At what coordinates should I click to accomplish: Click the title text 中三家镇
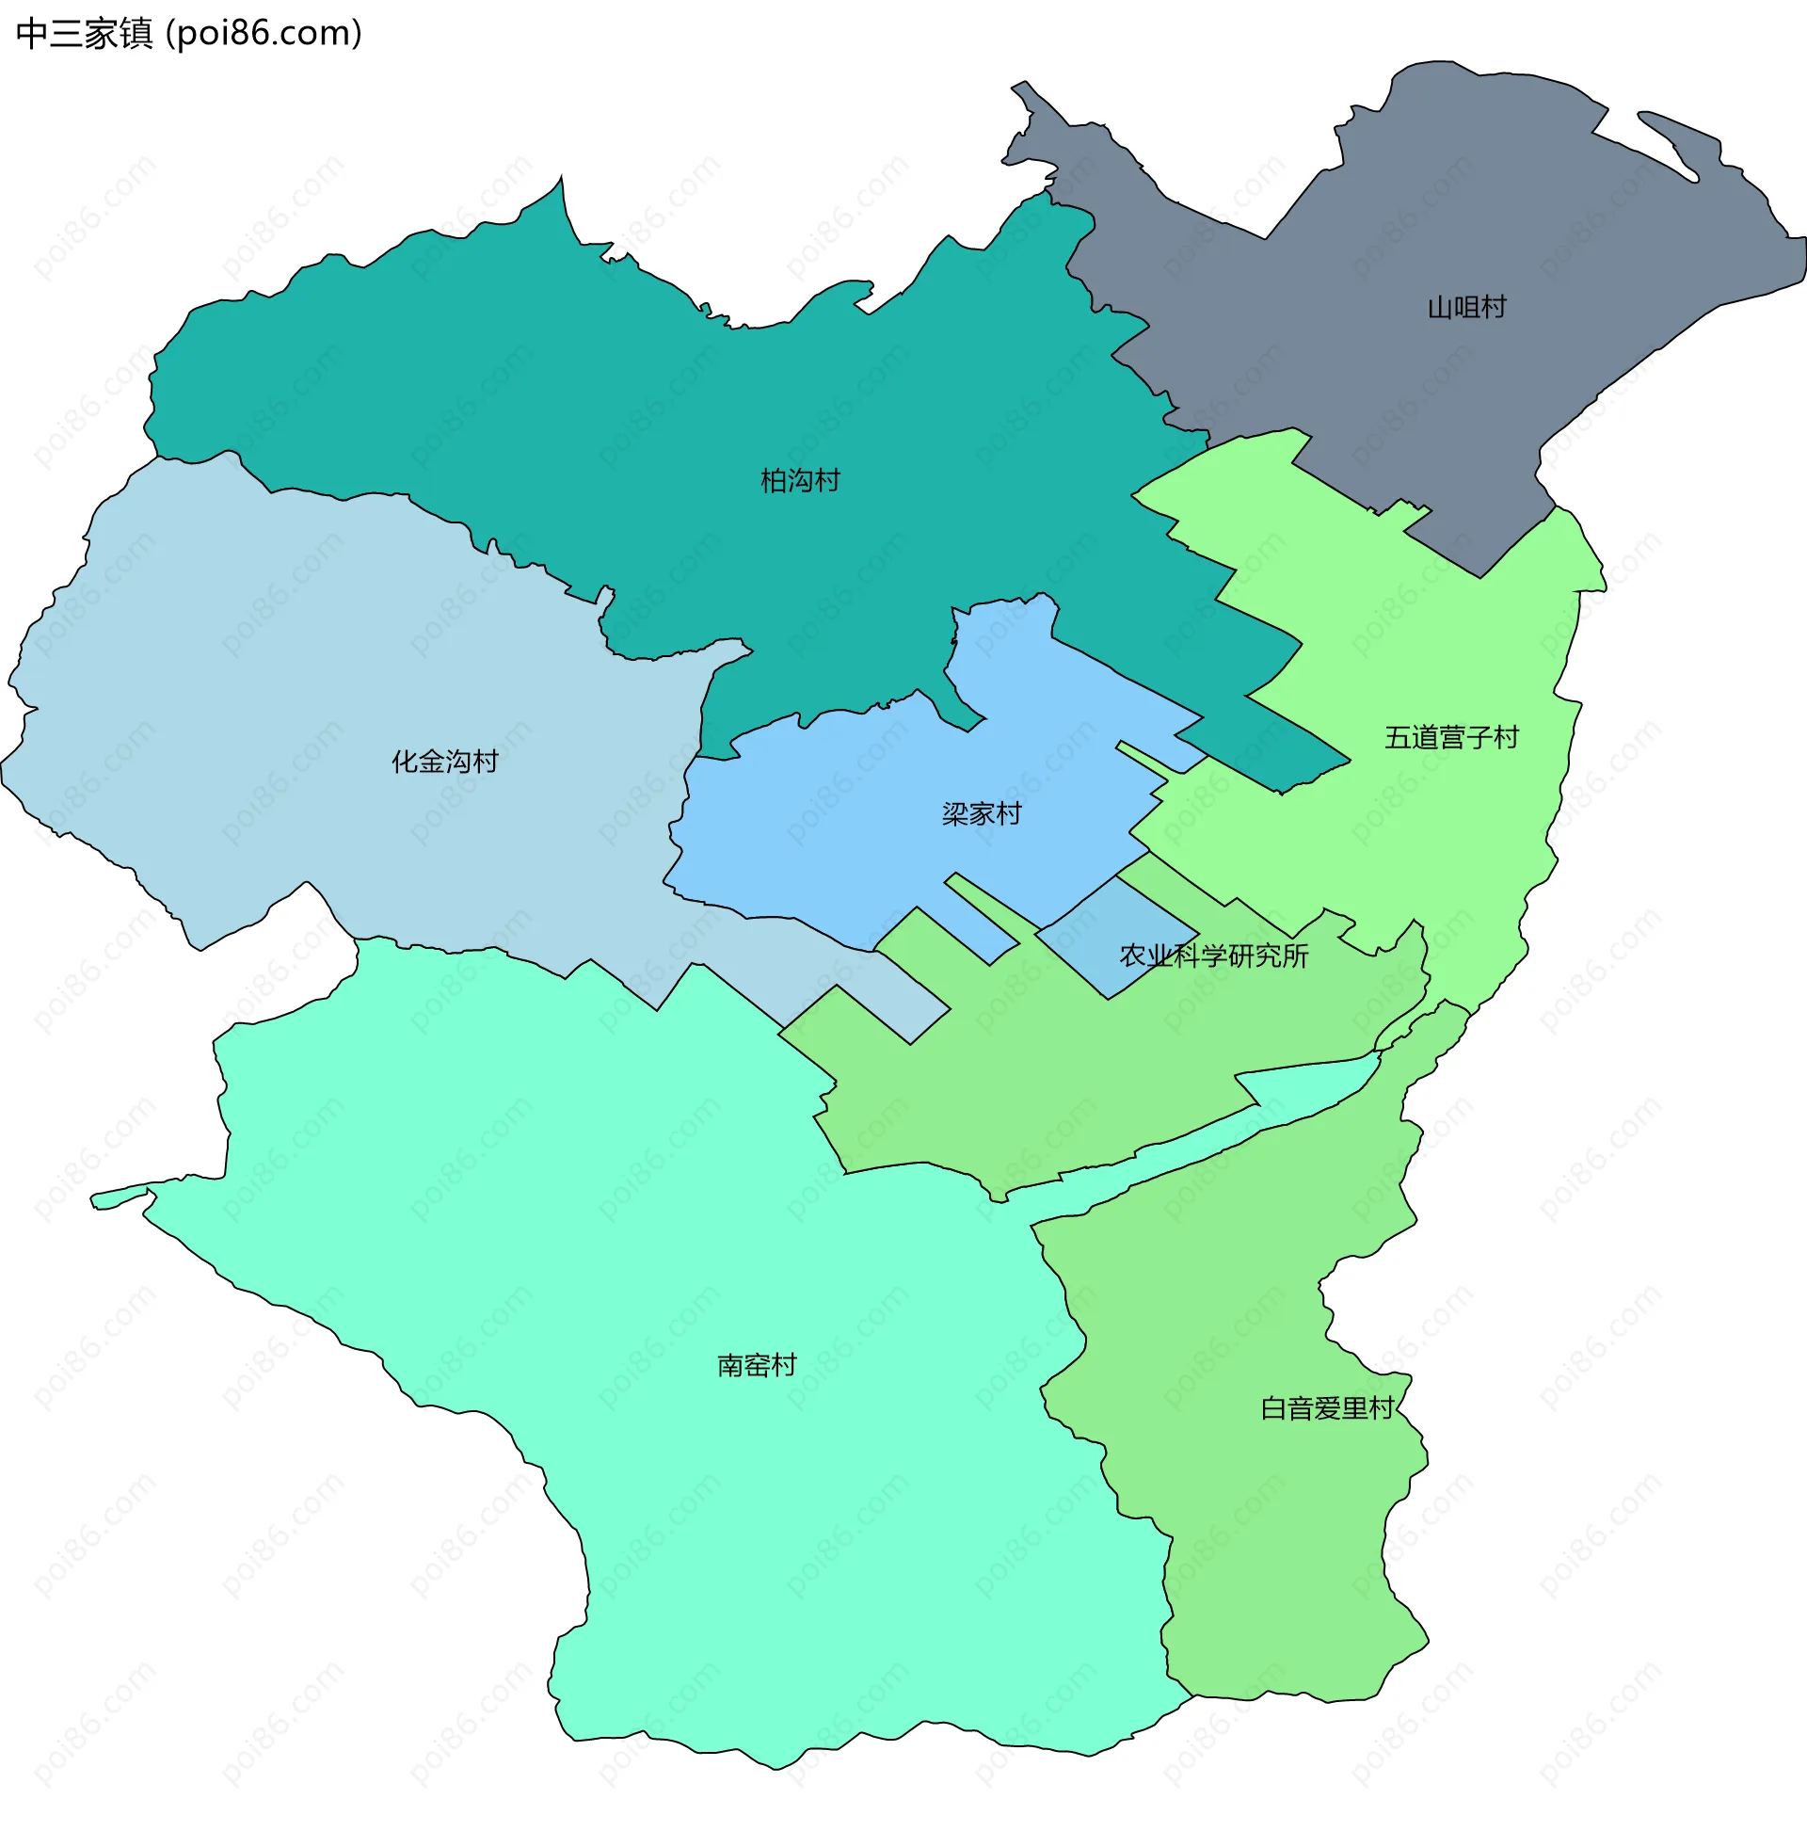coord(84,34)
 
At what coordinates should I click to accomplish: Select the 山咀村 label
coord(1466,308)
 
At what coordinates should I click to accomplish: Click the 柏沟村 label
coord(800,481)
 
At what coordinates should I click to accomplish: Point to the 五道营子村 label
coord(1450,737)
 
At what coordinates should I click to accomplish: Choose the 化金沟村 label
coord(444,761)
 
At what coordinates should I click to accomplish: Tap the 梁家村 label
coord(981,814)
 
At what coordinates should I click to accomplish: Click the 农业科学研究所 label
coord(1213,956)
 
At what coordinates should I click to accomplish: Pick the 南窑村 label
coord(756,1366)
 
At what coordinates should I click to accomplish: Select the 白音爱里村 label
coord(1327,1408)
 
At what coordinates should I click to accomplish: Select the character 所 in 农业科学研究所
coord(1295,956)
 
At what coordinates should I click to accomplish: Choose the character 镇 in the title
coord(136,34)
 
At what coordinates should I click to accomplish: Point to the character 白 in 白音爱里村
coord(1273,1408)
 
